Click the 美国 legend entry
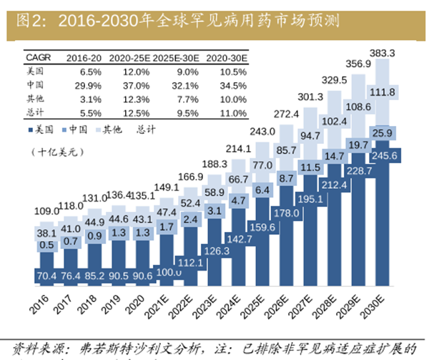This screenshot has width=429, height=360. coord(41,130)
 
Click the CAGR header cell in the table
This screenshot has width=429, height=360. coord(38,57)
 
